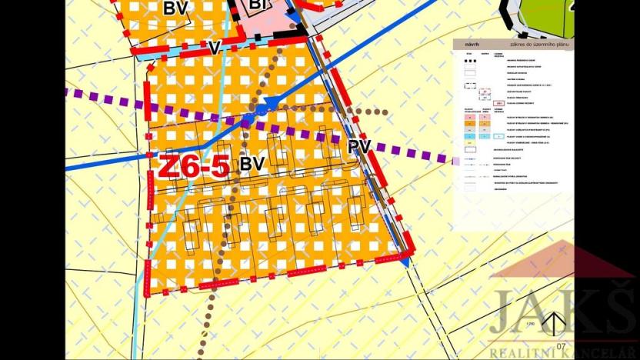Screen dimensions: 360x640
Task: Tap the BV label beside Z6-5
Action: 252,165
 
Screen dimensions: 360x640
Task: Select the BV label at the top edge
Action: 175,8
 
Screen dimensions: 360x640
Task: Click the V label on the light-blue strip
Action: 215,48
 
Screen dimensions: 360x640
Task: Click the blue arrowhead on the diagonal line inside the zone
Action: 270,104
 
